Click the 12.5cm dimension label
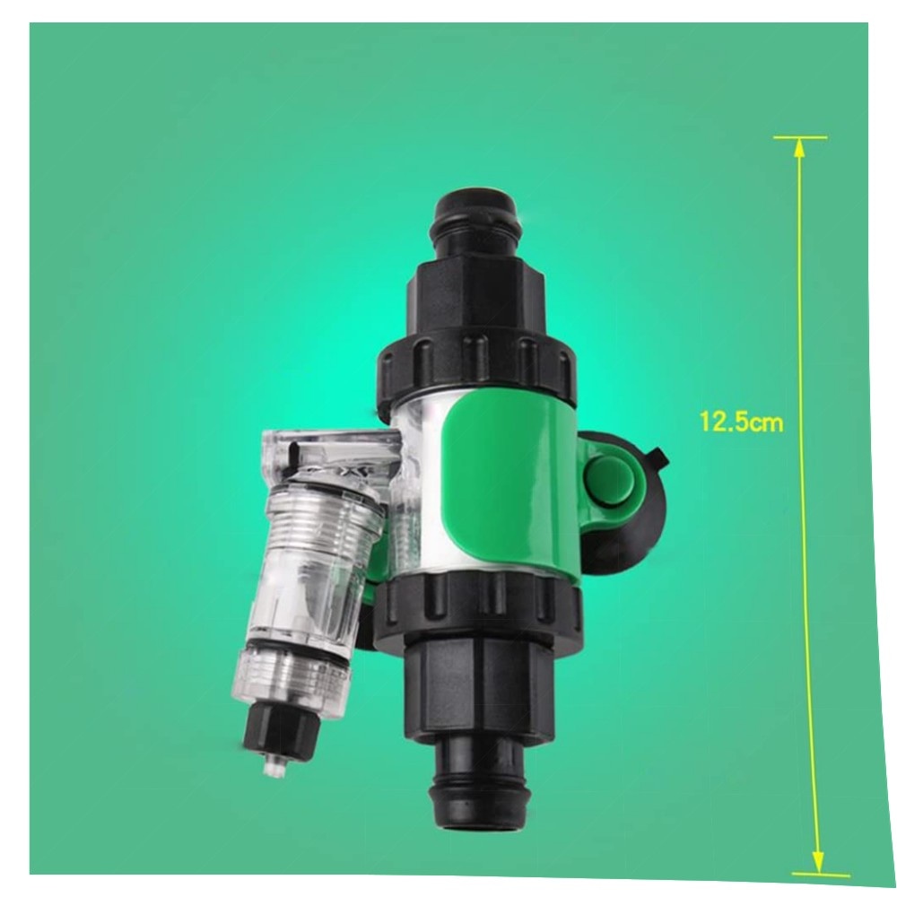point(741,422)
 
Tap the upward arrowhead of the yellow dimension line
point(799,149)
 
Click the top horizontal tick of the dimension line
point(800,138)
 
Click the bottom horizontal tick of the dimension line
point(821,875)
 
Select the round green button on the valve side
point(610,475)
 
